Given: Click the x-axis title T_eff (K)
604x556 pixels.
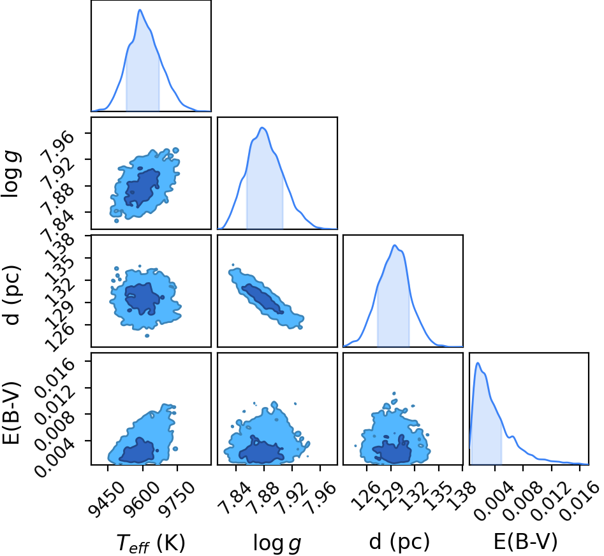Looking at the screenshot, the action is tap(151, 543).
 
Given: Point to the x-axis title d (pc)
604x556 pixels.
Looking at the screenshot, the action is tap(399, 542).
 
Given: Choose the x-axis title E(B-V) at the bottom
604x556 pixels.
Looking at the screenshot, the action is tap(526, 542).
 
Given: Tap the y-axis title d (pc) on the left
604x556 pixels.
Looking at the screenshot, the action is tap(12, 295).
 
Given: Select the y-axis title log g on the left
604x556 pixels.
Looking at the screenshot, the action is tap(11, 175).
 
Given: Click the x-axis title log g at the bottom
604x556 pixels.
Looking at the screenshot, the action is tap(277, 543).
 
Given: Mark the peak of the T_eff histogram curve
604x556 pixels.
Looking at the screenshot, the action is tap(140, 10).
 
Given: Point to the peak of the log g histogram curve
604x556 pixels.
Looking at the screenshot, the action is tap(262, 127).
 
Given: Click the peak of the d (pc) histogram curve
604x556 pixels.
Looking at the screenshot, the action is tap(394, 245).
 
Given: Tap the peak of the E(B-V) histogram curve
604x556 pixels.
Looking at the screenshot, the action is tap(478, 363).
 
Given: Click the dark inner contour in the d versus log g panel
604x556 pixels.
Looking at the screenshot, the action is tap(263, 298).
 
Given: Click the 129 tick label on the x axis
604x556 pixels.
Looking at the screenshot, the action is tap(390, 497).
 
